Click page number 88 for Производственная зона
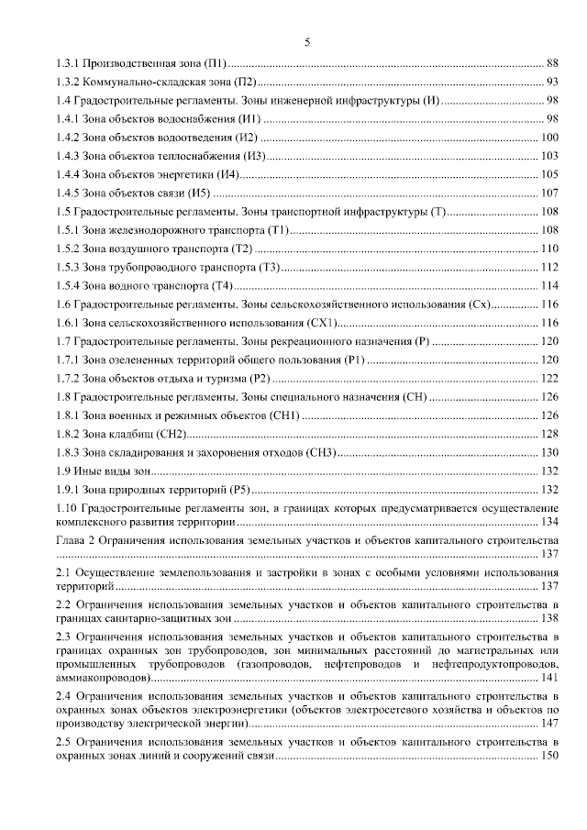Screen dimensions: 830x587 [552, 63]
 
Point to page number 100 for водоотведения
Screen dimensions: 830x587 [549, 138]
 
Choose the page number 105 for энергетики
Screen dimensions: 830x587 [549, 174]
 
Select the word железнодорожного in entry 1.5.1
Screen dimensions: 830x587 [156, 230]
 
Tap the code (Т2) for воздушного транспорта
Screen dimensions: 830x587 [242, 249]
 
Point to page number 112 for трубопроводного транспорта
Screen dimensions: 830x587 [549, 267]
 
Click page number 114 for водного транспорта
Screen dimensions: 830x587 [549, 285]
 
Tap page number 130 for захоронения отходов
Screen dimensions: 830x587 [549, 452]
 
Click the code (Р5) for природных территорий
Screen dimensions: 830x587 [236, 489]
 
